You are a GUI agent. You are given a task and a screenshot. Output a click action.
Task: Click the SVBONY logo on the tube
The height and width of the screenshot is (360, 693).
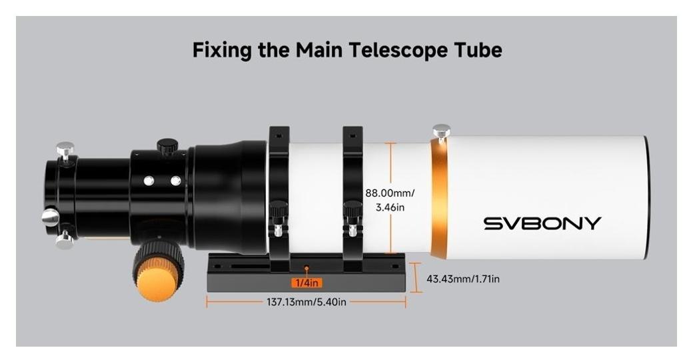[542, 223]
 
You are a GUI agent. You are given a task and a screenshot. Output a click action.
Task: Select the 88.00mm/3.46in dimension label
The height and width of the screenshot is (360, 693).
[390, 200]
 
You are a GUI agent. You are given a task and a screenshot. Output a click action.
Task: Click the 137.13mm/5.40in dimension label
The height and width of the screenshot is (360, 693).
[306, 303]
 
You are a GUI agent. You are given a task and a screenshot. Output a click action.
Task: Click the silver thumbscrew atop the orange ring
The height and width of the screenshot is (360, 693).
[441, 131]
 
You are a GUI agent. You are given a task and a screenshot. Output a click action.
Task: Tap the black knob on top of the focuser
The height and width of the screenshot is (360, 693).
[167, 145]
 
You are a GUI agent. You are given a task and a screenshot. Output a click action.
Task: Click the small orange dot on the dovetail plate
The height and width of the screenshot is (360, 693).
[307, 268]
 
